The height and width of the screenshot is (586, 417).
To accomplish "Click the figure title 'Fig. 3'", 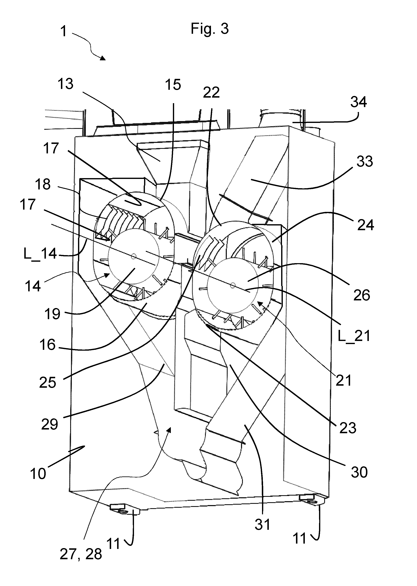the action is coord(210,29).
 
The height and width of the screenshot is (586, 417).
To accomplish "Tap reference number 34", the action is coord(359,102).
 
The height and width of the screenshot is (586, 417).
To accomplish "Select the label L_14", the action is coord(40,254).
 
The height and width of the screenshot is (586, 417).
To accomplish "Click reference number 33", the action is coord(365,162).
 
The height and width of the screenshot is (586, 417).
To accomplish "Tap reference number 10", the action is coord(38,473).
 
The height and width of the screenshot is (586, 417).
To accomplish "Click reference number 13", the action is coord(65,84).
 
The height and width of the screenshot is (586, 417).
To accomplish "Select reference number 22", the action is coord(211,92).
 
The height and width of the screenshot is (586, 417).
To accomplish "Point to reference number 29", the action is coord(50,424).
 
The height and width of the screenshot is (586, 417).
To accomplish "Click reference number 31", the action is coord(262,524).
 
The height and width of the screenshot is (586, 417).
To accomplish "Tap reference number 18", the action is coord(43,184).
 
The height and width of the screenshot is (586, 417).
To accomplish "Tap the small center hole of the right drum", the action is coord(233,285).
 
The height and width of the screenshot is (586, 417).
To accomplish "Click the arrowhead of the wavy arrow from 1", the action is coord(103,58).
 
